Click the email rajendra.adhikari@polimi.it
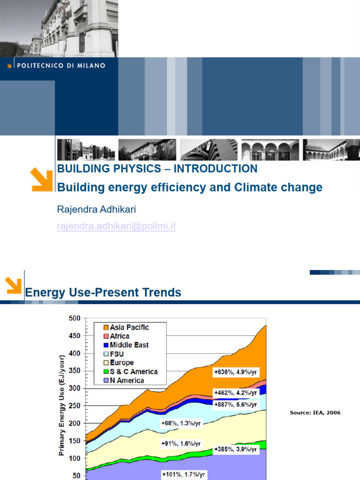(x=116, y=226)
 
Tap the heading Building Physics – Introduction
(x=157, y=169)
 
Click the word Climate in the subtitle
(x=257, y=187)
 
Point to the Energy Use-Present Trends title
(x=103, y=293)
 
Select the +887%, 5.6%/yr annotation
(x=235, y=404)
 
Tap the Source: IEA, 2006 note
(x=315, y=412)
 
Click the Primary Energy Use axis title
(x=62, y=403)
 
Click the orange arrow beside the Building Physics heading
(x=41, y=180)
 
